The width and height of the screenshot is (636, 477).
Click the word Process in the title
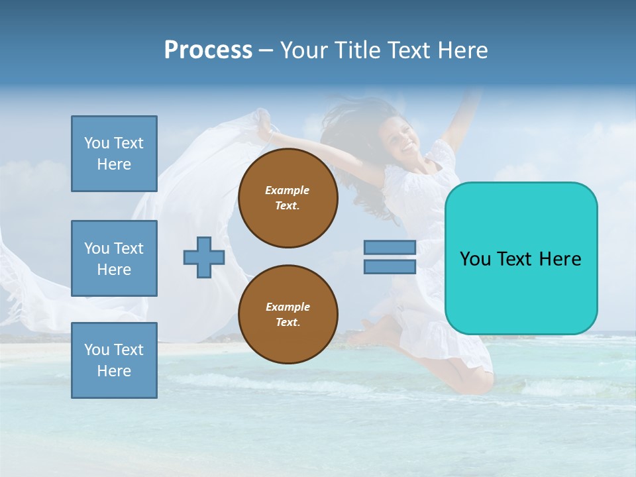coord(208,50)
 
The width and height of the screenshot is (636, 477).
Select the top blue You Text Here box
coord(114,154)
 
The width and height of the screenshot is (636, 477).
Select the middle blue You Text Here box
coord(114,258)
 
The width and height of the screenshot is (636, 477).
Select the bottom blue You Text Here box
coord(114,360)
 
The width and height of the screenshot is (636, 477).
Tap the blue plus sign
coord(204,257)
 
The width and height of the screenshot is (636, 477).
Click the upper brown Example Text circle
coord(288,198)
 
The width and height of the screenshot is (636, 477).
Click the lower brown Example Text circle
coord(288,315)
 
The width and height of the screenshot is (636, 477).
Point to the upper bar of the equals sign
coord(390,248)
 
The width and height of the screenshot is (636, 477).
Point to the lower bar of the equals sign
coord(390,266)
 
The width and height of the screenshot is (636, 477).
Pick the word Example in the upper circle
coord(288,190)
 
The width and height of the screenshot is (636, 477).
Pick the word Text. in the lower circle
coord(288,323)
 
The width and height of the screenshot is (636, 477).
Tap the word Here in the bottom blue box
coord(114,371)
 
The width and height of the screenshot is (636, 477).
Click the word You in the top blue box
coord(96,143)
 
